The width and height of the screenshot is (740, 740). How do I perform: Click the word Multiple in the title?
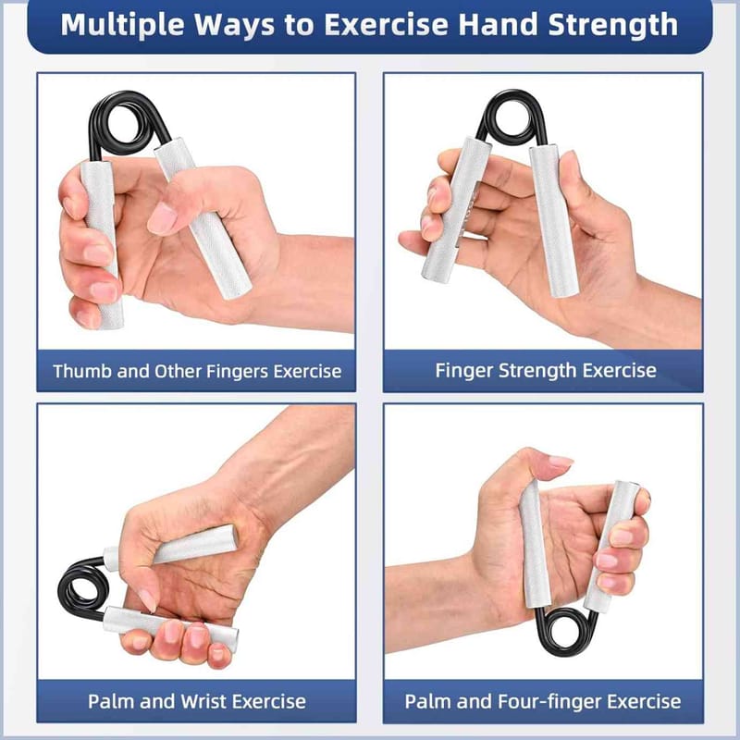122,25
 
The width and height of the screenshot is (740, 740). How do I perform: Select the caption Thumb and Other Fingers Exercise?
197,372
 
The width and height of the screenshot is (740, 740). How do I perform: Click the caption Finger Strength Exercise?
546,371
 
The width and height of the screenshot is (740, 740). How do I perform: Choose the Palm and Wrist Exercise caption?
197,701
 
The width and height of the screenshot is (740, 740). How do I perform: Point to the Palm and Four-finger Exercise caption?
543,701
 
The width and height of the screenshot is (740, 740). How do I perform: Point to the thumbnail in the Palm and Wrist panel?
147,599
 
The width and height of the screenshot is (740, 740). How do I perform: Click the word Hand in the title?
499,24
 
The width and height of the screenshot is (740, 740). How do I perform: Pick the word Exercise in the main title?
387,24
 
